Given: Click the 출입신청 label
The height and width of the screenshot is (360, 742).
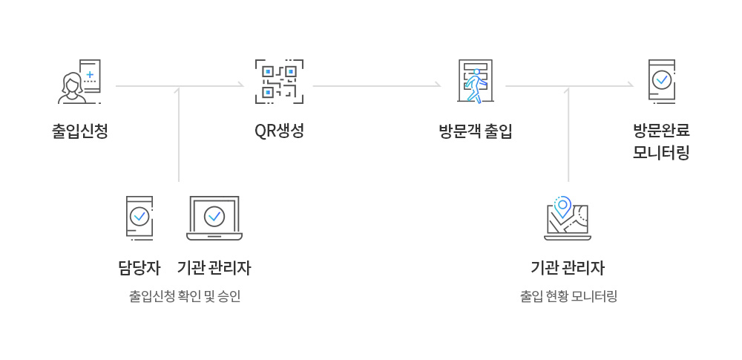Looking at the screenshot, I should [x=80, y=132].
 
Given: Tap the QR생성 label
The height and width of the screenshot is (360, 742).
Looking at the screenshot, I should [x=279, y=131].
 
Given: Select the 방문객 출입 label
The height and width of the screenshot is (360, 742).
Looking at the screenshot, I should [x=476, y=132].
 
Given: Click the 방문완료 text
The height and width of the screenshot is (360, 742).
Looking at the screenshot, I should [x=662, y=131].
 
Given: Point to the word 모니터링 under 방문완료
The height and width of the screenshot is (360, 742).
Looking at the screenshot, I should [x=662, y=153].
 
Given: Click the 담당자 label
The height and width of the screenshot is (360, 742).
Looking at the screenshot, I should [x=139, y=267].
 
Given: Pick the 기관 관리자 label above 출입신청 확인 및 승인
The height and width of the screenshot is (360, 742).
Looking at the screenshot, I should [x=214, y=267].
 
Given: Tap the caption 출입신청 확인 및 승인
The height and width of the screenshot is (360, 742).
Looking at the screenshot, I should [x=185, y=296].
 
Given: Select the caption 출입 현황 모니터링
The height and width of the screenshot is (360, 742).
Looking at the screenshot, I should [x=568, y=296].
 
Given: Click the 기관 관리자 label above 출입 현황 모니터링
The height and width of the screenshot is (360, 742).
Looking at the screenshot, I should [x=568, y=267].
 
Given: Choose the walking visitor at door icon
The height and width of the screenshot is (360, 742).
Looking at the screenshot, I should [x=473, y=82].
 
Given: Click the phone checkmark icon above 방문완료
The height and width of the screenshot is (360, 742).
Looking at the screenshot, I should [x=661, y=80].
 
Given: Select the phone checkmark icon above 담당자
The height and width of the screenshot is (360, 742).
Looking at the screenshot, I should [x=139, y=217].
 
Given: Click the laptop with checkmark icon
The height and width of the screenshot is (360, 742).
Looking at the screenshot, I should [x=214, y=217].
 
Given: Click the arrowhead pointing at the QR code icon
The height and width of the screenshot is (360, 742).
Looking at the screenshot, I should [x=240, y=86].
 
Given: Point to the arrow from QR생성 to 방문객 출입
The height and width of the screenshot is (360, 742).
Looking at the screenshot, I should [x=377, y=86].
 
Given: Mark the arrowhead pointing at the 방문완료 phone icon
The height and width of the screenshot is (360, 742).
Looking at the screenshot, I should [x=630, y=86].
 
